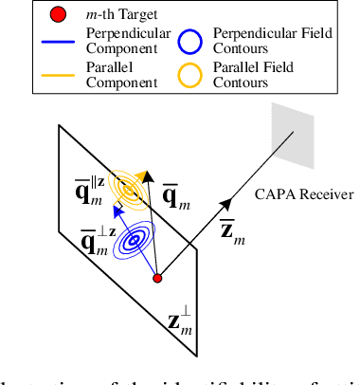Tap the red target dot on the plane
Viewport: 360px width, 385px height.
tap(158, 278)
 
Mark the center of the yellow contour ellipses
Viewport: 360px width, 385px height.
tap(127, 191)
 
